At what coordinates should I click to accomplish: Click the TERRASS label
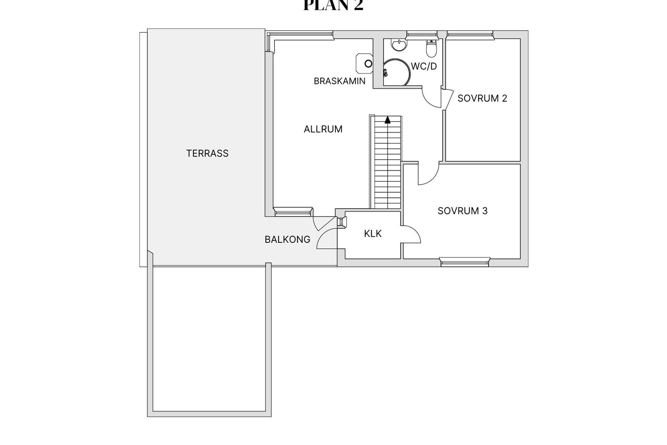[207, 153]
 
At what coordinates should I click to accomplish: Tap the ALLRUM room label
[323, 129]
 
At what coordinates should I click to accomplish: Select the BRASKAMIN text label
[340, 81]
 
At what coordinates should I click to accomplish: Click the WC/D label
[424, 66]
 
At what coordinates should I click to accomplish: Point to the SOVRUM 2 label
[482, 98]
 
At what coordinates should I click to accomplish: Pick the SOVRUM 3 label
[463, 211]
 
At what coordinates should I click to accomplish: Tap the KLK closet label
[372, 234]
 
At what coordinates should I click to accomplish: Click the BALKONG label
[287, 240]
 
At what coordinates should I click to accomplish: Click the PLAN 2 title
[333, 5]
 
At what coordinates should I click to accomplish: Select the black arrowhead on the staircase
[387, 120]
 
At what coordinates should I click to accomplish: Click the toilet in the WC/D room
[431, 48]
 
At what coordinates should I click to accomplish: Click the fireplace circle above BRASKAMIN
[369, 63]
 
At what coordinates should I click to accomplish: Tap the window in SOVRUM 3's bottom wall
[465, 262]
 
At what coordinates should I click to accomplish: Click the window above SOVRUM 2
[470, 35]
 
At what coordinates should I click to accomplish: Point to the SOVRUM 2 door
[447, 99]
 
